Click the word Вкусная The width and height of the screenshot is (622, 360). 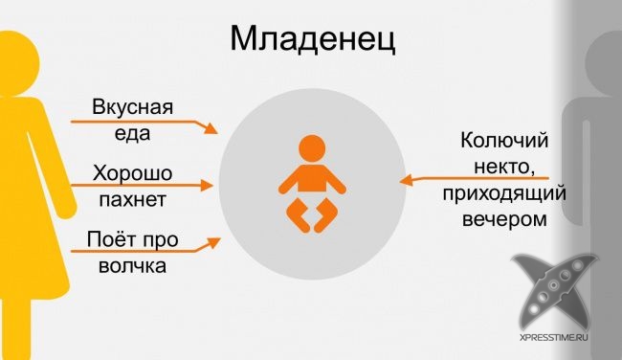coord(132,106)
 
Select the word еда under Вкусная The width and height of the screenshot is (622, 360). coord(132,132)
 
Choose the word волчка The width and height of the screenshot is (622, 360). coord(132,267)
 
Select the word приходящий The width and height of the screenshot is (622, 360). coord(505,194)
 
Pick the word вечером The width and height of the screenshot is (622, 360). coord(506,219)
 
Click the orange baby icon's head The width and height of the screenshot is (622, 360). coord(311,148)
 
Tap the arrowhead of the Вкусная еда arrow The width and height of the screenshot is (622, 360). coord(216,131)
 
